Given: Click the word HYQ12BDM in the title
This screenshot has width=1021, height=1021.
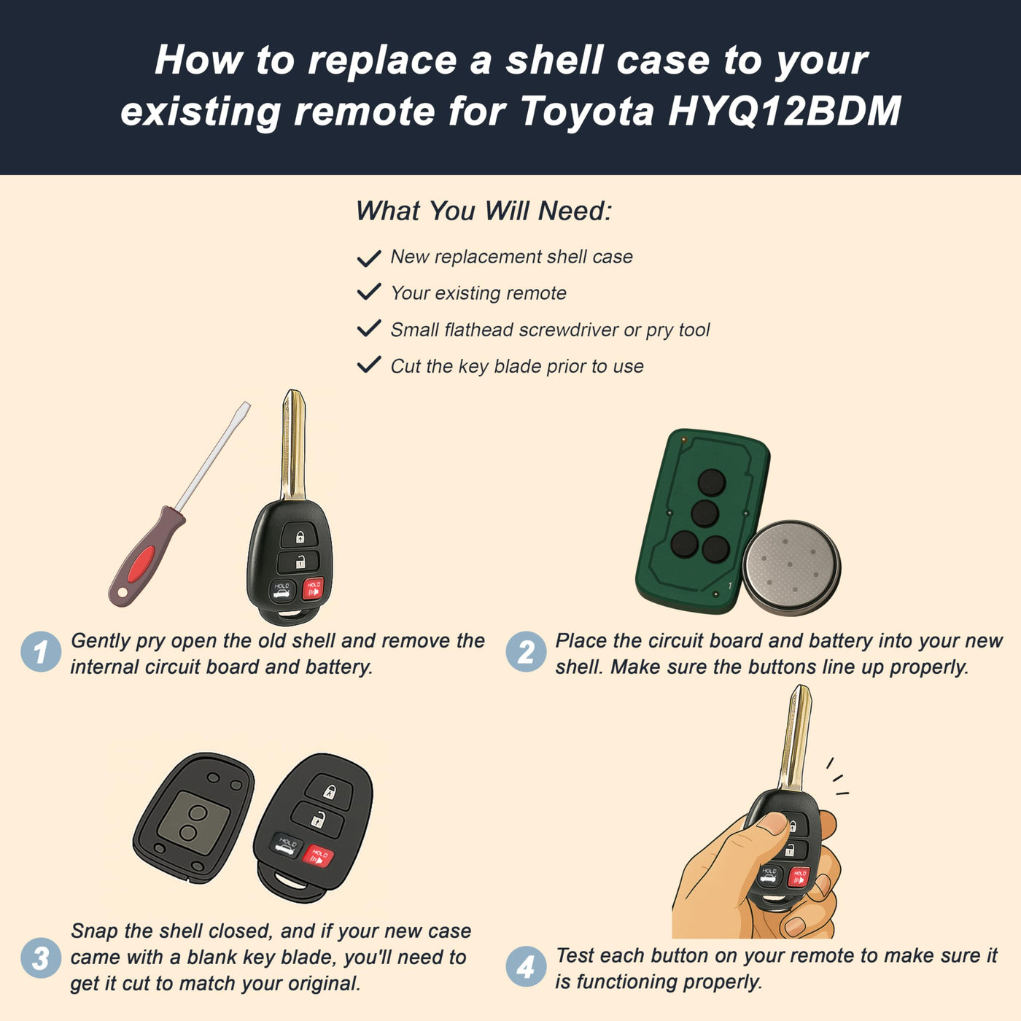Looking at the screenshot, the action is point(784,112).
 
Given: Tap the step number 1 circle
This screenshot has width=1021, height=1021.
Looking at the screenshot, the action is point(41,651).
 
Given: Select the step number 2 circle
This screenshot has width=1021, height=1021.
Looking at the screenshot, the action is point(526,651).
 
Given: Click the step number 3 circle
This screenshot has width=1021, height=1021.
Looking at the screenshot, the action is point(41,958).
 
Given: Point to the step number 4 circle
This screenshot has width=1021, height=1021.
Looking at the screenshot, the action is point(526,966).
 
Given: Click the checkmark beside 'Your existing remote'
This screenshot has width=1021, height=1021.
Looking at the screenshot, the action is point(369,292).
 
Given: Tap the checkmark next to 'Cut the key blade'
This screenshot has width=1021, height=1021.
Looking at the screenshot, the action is point(369,365).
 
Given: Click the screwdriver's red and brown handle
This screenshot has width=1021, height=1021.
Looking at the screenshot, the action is point(147,556).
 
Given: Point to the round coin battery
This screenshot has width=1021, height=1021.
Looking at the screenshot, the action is point(791,569).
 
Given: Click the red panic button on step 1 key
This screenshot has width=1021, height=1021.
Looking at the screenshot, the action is point(313,589).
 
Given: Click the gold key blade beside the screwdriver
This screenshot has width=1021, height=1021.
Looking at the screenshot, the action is point(293,446).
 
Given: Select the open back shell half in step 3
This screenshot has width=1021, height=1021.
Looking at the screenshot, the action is point(194,818).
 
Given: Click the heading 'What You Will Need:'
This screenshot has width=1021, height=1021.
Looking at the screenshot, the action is point(484,211).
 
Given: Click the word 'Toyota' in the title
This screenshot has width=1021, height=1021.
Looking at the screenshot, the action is point(586,112).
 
